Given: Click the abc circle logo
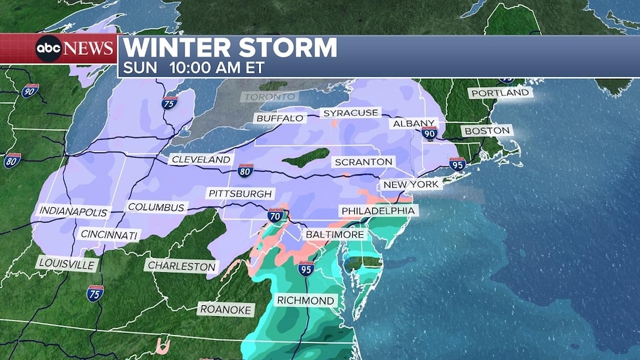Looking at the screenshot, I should [x=48, y=48].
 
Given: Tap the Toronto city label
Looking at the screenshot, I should [x=269, y=97].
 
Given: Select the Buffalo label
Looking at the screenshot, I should [x=279, y=118].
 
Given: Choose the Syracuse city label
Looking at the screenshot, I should [x=351, y=113].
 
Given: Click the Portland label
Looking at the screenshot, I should [x=500, y=93].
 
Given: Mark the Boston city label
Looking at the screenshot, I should [x=486, y=131].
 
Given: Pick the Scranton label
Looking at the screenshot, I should [x=363, y=162].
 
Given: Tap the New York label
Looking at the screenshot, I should [x=411, y=185].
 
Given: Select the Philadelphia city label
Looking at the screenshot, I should [x=378, y=211].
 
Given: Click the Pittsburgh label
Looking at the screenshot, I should [x=241, y=194].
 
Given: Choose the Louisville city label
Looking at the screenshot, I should [x=66, y=263].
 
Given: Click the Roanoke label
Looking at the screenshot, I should [x=225, y=310].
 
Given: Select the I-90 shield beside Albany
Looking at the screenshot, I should [x=430, y=134].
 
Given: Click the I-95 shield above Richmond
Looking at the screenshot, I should [x=306, y=268].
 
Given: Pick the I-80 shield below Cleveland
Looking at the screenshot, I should [x=245, y=170].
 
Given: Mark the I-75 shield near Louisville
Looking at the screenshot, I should [x=95, y=293].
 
